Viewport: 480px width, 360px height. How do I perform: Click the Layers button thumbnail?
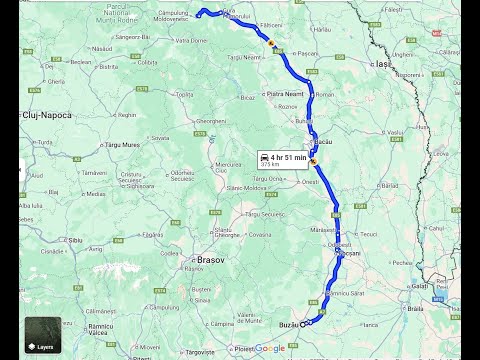[43, 335]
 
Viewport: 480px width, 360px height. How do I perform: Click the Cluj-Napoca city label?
[48, 115]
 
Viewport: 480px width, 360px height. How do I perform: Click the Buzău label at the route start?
[287, 324]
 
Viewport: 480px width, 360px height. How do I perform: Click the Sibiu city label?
[75, 241]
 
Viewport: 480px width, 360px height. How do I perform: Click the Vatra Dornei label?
[190, 41]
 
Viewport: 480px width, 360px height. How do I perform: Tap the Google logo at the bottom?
[269, 348]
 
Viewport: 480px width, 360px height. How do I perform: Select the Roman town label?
[325, 94]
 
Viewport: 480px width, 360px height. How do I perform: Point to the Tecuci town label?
[368, 234]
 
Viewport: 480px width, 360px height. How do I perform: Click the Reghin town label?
[139, 110]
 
